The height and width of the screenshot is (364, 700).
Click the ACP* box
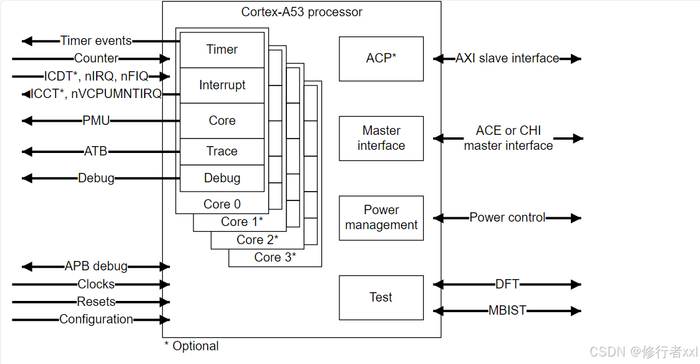tap(381, 59)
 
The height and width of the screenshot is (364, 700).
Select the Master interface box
tap(381, 139)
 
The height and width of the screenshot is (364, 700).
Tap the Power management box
tap(381, 218)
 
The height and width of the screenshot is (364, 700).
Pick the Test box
tap(381, 297)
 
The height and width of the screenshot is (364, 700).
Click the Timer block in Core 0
tap(222, 49)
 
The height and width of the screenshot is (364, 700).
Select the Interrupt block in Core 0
tap(222, 86)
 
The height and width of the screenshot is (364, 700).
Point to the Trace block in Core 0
tap(222, 151)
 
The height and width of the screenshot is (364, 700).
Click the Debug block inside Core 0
tap(222, 178)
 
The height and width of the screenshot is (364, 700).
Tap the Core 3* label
tap(275, 257)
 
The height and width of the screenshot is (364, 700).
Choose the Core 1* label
tap(242, 222)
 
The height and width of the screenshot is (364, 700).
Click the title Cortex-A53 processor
tap(302, 12)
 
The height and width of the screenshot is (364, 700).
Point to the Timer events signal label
tap(96, 41)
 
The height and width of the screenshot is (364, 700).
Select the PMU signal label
tap(96, 121)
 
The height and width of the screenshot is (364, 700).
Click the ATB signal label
tap(96, 151)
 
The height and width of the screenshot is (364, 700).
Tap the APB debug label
tap(96, 266)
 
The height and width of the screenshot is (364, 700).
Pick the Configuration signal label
tap(96, 319)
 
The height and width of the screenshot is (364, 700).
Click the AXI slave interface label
tap(507, 58)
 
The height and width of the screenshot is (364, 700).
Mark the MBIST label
tap(507, 310)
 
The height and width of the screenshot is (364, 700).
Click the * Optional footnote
tap(192, 346)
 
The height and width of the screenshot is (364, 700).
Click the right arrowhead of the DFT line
tap(576, 284)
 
